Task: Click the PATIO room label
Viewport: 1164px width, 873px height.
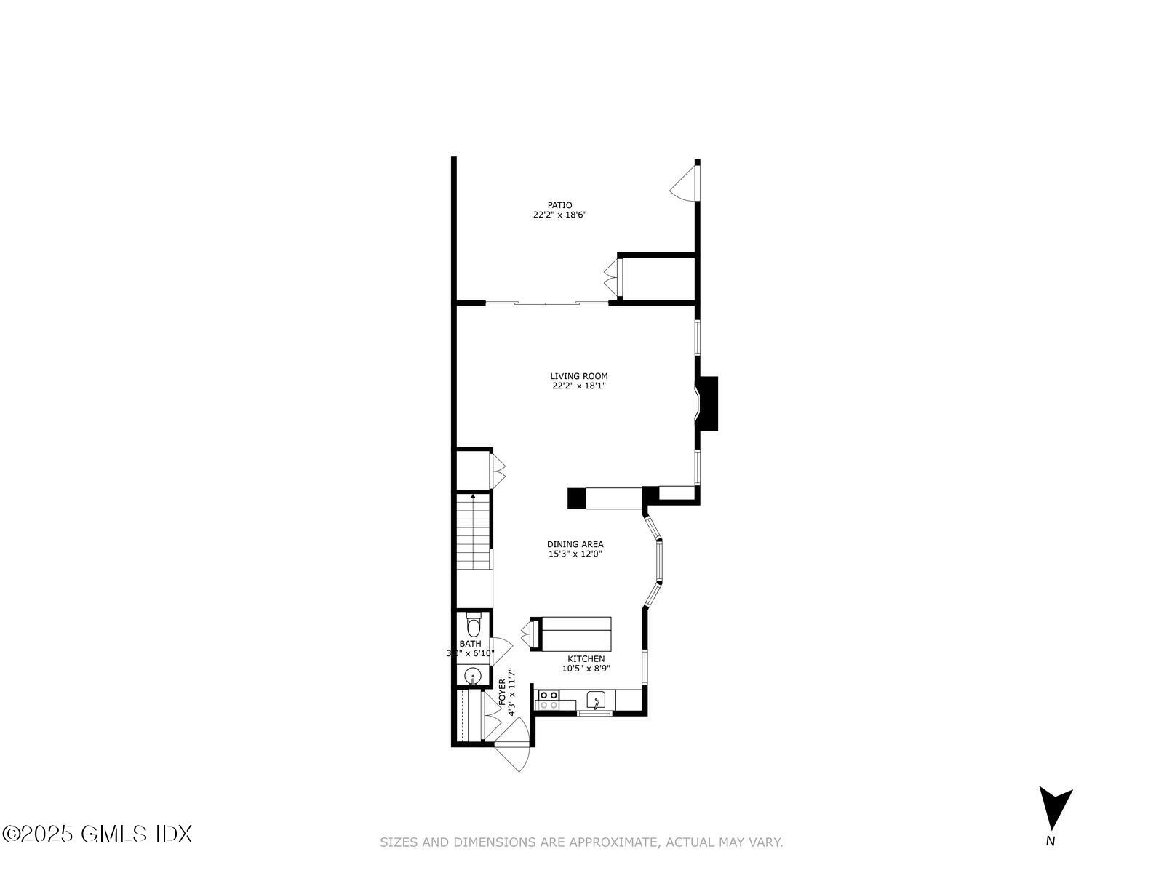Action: coord(559,205)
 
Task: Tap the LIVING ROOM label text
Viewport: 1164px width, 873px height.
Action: coord(579,376)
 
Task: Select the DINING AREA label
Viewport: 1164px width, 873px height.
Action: coord(575,544)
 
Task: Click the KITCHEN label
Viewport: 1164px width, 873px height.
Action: coord(586,659)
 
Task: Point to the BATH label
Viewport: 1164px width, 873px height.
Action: coord(470,644)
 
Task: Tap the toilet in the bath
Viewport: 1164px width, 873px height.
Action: coord(474,626)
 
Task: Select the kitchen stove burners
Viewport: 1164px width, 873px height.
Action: coord(549,700)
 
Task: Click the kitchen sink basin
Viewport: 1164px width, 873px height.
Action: coord(596,701)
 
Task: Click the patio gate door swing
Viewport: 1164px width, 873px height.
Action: coord(685,182)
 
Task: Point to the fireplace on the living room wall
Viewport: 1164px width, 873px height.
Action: coord(706,403)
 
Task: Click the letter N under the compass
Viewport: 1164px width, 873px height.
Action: coord(1050,841)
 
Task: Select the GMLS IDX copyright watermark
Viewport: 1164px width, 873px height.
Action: coord(97,834)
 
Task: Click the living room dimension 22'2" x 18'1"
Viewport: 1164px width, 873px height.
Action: coord(579,386)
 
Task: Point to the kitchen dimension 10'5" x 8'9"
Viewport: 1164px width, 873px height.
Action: coord(586,669)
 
